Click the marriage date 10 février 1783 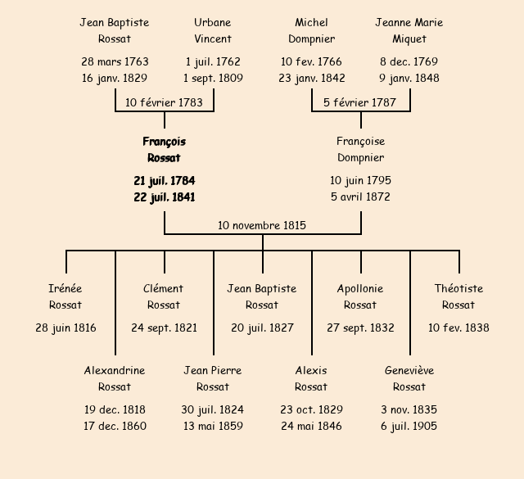point(164,102)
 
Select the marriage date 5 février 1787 point(360,102)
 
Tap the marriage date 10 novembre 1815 point(262,225)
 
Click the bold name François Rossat point(164,150)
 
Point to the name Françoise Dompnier point(360,150)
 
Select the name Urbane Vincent point(213,30)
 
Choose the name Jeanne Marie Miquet point(409,30)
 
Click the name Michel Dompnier point(311,30)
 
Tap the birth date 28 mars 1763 point(115,61)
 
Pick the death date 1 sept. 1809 point(213,79)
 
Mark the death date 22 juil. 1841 point(164,197)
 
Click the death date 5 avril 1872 point(360,197)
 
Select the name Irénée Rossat point(65,296)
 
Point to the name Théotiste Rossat point(458,296)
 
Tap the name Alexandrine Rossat point(115,378)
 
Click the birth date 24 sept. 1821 point(164,328)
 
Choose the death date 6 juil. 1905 point(409,426)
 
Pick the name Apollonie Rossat point(360,296)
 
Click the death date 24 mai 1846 point(311,426)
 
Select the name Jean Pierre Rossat point(213,378)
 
